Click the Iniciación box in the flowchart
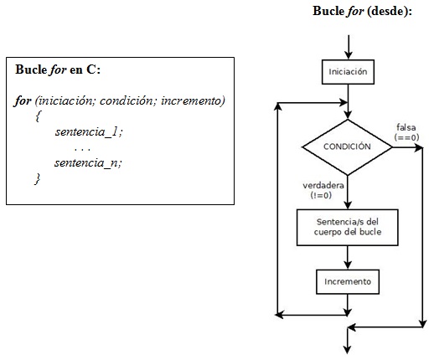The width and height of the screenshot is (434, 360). [347, 72]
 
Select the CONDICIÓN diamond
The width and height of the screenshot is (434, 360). [347, 146]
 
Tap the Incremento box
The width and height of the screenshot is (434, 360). [347, 280]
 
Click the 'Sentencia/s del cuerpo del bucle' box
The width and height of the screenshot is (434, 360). [347, 226]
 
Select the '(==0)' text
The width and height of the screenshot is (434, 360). [407, 136]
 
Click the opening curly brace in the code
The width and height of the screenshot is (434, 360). [38, 117]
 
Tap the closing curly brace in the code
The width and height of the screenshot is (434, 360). [38, 178]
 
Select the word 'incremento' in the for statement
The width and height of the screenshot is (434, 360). [195, 100]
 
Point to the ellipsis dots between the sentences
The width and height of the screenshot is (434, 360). [82, 148]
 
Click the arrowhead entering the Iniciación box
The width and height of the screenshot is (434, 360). [347, 55]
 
